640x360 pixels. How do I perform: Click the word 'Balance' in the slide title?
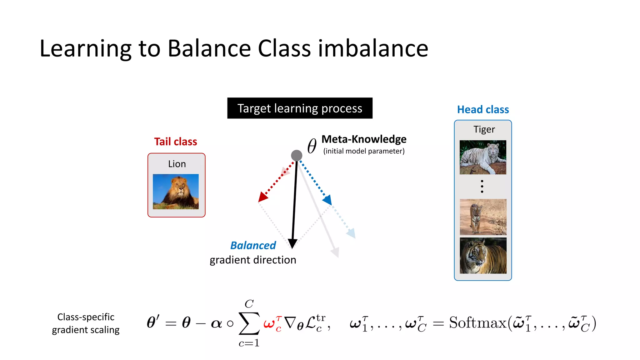click(x=209, y=49)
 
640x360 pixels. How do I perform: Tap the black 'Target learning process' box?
click(x=300, y=108)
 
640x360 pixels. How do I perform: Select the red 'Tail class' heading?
click(x=175, y=142)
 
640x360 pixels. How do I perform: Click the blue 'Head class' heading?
click(x=483, y=110)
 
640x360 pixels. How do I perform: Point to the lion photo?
click(x=176, y=192)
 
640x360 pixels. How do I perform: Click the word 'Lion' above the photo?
click(x=177, y=164)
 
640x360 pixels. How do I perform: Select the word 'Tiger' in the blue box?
click(x=484, y=129)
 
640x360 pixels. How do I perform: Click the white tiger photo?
click(x=483, y=157)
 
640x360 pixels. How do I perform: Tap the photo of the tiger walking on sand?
click(x=483, y=217)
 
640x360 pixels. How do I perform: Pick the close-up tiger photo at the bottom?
click(x=483, y=256)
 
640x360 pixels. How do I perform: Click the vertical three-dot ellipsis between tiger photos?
click(x=482, y=186)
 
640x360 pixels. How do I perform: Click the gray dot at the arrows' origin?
click(x=297, y=155)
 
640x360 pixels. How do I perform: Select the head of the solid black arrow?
click(x=292, y=244)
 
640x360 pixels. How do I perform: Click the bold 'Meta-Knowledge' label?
click(x=364, y=139)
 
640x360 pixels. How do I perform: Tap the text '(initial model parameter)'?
click(x=364, y=151)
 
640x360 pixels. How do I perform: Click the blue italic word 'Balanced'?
click(x=253, y=246)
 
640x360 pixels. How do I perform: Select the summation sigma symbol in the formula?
click(x=249, y=323)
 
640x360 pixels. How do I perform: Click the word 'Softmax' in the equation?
click(x=477, y=323)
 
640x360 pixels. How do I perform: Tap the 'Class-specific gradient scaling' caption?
click(x=86, y=323)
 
